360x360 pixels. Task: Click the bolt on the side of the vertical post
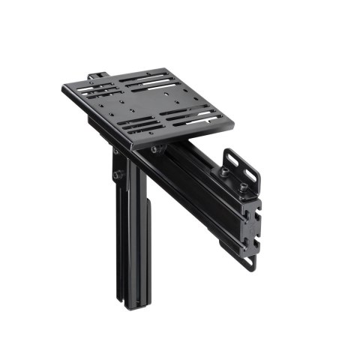(x=118, y=175)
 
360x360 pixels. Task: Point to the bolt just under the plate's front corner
(x=154, y=149)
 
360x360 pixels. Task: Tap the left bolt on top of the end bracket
(x=223, y=172)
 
